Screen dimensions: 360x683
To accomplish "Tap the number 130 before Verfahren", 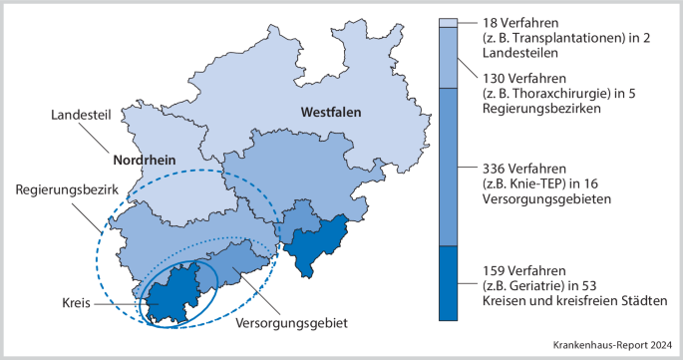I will pyautogui.click(x=495, y=78).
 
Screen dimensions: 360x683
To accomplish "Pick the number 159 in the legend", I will pyautogui.click(x=495, y=269).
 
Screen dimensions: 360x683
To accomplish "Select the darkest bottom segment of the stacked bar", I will pyautogui.click(x=448, y=283).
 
